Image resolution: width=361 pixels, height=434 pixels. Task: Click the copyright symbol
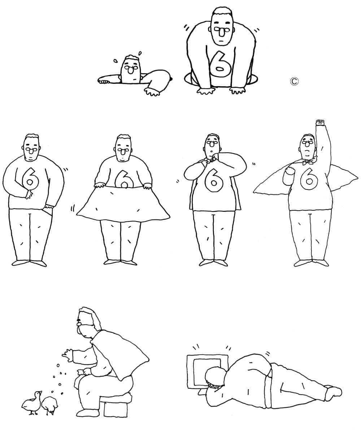coord(294,81)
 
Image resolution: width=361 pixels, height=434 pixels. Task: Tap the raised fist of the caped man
coord(320,122)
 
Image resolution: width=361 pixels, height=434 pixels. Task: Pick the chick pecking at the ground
coord(50,405)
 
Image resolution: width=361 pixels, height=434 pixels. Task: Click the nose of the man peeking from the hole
coord(131,70)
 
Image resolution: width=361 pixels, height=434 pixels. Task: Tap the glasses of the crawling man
coord(222,29)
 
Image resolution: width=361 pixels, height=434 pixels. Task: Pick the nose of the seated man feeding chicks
coord(79,324)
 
